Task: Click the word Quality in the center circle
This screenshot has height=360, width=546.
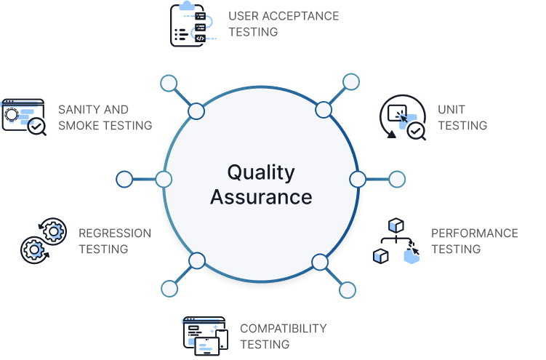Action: click(x=260, y=172)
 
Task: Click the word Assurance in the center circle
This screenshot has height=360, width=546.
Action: click(x=261, y=196)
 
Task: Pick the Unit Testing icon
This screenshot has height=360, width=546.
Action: click(x=402, y=117)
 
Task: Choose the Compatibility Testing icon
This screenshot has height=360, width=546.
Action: click(x=205, y=335)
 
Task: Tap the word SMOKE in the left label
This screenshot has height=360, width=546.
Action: click(x=81, y=125)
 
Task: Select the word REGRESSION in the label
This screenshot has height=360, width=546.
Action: click(x=114, y=233)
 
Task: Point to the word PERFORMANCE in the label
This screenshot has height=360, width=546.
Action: click(x=474, y=233)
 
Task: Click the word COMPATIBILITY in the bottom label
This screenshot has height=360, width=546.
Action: click(x=283, y=328)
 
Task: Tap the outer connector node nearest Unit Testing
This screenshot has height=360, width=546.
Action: click(x=351, y=81)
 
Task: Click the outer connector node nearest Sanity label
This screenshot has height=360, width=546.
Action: click(x=169, y=83)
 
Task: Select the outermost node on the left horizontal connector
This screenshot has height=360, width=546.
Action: click(x=124, y=179)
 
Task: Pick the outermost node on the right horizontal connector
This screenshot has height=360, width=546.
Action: click(x=397, y=179)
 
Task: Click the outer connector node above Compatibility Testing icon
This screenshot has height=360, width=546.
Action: click(x=169, y=289)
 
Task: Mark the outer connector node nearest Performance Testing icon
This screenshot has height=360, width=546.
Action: click(x=348, y=290)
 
